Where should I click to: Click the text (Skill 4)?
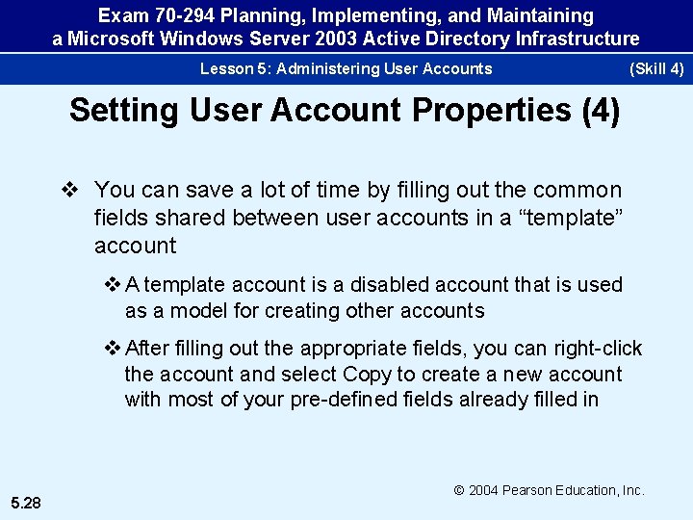tap(655, 68)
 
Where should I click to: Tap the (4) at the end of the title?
tap(602, 110)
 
